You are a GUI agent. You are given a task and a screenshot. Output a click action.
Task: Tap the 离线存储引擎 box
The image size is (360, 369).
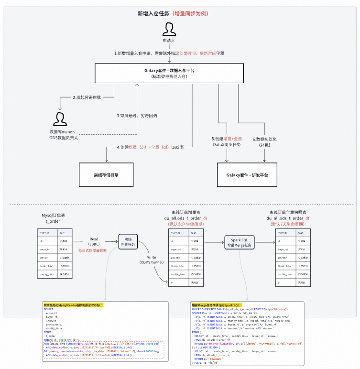pyautogui.click(x=106, y=175)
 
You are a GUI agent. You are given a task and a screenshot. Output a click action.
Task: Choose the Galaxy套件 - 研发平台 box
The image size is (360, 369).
pyautogui.click(x=247, y=175)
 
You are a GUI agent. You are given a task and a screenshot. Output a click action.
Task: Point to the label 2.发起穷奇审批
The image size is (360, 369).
pyautogui.click(x=88, y=98)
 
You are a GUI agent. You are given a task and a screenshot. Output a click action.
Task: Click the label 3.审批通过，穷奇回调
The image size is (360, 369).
pyautogui.click(x=137, y=116)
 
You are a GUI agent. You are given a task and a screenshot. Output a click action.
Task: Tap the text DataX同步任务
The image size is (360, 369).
pyautogui.click(x=227, y=144)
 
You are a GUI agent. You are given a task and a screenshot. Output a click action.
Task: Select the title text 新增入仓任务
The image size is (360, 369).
pyautogui.click(x=153, y=13)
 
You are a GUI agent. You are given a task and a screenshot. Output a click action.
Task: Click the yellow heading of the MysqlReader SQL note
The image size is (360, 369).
pyautogui.click(x=74, y=304)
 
